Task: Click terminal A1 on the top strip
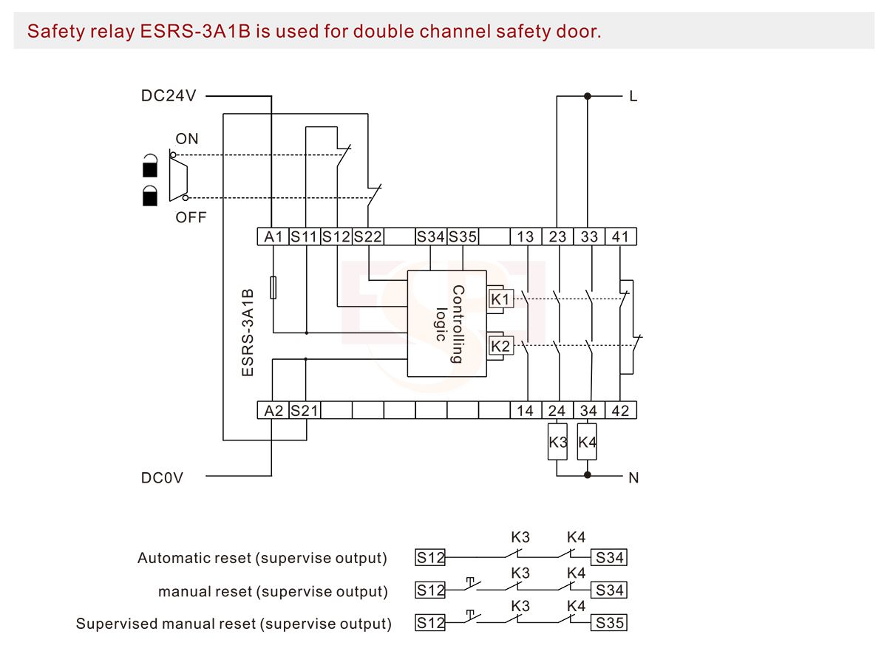pos(273,237)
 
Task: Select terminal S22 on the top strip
pos(367,237)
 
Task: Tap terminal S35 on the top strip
pos(463,237)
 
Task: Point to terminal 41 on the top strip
pos(620,237)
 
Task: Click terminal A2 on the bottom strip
pos(273,411)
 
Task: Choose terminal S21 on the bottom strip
pos(304,411)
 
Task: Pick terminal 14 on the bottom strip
pos(525,411)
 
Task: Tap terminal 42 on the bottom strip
pos(620,411)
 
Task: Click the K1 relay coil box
pos(500,299)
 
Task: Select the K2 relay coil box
pos(500,346)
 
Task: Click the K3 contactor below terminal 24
pos(557,443)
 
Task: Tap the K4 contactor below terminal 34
pos(587,443)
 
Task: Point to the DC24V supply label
pos(168,96)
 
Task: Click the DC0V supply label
pos(162,478)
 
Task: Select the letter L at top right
pos(633,96)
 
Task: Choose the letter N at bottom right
pos(633,478)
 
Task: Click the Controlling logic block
pos(447,324)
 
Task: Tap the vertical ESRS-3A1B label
pos(248,333)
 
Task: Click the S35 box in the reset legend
pos(611,623)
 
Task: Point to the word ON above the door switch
pos(187,139)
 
